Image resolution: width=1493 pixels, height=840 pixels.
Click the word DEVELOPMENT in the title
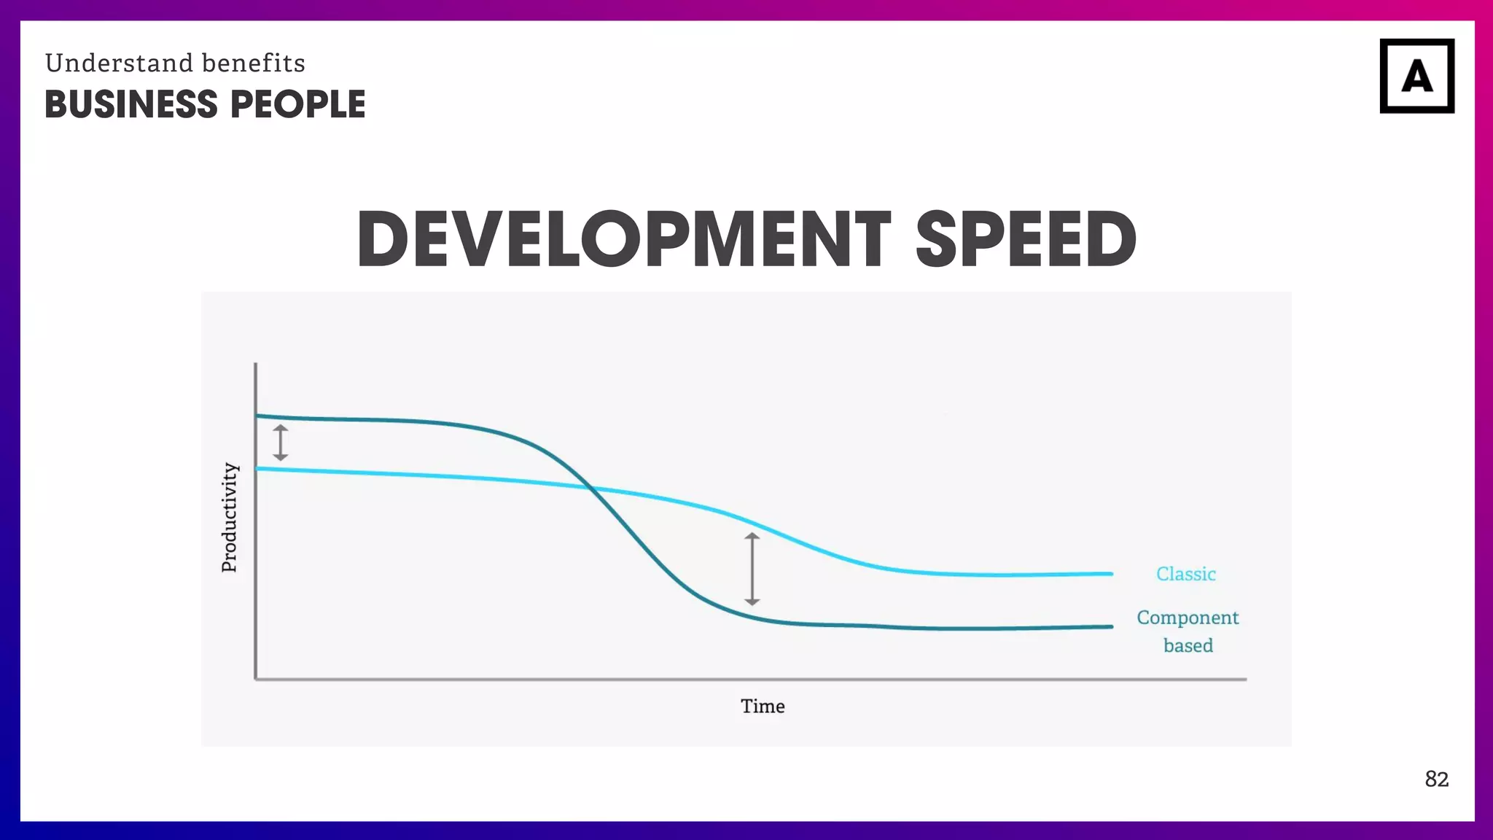click(623, 239)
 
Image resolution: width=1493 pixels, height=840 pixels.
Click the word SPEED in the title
click(1026, 239)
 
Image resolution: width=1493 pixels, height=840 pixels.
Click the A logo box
click(1416, 76)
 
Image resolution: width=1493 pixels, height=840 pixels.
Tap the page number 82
click(1436, 779)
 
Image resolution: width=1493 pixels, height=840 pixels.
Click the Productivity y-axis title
click(230, 517)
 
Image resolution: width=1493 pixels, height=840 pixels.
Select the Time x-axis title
click(763, 706)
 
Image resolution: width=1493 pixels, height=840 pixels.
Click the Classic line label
click(1185, 574)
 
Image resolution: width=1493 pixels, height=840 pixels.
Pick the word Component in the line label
click(1188, 618)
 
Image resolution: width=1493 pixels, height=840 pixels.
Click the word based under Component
click(1188, 645)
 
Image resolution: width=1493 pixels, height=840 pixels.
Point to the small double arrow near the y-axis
click(281, 443)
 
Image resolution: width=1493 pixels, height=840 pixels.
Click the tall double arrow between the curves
click(752, 569)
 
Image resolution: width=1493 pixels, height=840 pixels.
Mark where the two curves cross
click(589, 487)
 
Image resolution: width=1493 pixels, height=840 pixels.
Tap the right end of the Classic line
click(1110, 574)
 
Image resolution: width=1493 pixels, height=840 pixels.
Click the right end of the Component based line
click(1110, 626)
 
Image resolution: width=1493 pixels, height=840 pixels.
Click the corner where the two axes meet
click(256, 679)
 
